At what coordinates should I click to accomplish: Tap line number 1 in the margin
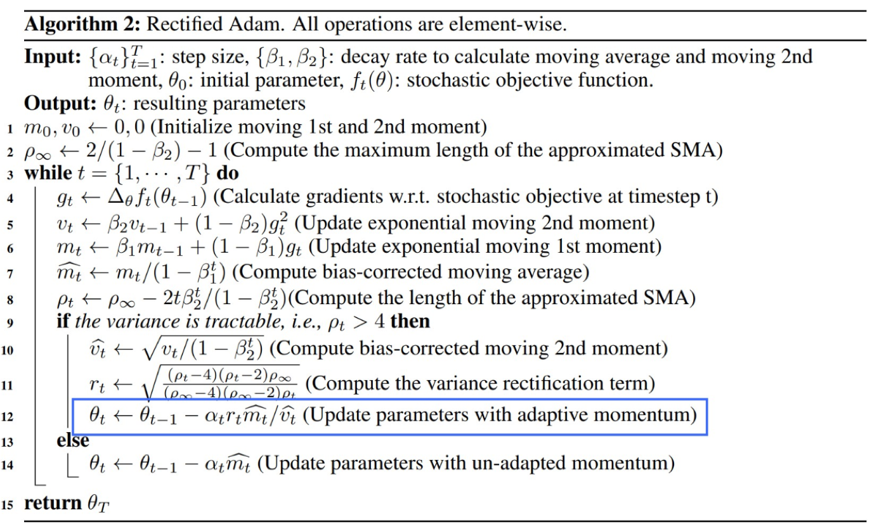[x=11, y=128]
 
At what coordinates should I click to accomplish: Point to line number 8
[x=11, y=298]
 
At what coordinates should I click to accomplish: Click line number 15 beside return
[x=10, y=505]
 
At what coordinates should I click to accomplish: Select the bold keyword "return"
[x=53, y=504]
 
